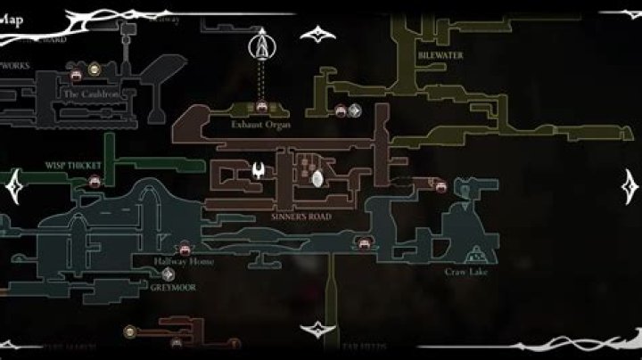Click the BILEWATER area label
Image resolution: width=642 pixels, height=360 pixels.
[434, 54]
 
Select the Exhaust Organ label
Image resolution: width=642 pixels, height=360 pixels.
[261, 125]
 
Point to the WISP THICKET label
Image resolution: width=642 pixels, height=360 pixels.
[74, 165]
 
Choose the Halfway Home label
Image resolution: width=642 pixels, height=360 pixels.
[184, 262]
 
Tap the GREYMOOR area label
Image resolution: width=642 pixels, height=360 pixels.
[174, 288]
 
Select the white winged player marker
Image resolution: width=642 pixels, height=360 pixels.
[259, 171]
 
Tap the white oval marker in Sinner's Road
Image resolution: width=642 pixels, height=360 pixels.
[318, 179]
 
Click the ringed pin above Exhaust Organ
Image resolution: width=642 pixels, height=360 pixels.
[261, 44]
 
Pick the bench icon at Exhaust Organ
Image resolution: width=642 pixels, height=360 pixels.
[262, 108]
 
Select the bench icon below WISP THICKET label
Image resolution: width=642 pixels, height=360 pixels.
[95, 181]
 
